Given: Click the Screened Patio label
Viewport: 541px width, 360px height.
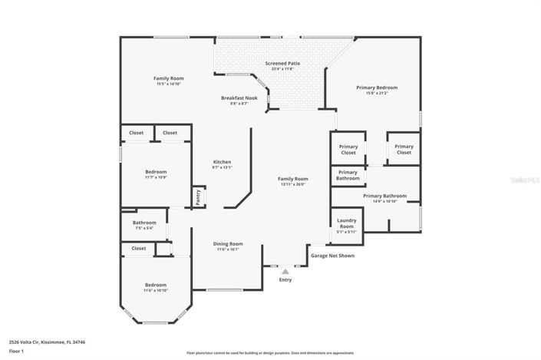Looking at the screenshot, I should click(x=282, y=63).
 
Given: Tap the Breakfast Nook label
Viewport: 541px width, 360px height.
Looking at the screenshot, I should click(x=239, y=98).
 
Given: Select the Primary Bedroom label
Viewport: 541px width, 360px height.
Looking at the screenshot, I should click(x=377, y=88).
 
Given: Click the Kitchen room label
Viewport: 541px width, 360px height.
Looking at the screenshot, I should click(x=222, y=162).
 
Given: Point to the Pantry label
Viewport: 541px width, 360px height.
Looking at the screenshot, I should click(x=198, y=197).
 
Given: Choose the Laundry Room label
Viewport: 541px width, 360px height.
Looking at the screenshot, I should click(x=347, y=223).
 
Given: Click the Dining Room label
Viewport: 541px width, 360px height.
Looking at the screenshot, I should click(x=229, y=243).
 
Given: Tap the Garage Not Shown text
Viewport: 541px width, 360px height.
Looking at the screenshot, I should click(x=332, y=256).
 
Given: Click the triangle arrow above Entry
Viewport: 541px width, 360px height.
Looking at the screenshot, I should click(x=285, y=271).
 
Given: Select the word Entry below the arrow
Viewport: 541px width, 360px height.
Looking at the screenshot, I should click(x=285, y=279).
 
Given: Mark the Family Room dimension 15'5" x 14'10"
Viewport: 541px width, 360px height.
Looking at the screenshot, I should click(x=168, y=84).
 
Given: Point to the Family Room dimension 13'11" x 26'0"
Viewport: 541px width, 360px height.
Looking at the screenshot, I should click(x=293, y=184).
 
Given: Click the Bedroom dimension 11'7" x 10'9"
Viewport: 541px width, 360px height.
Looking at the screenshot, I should click(x=156, y=177).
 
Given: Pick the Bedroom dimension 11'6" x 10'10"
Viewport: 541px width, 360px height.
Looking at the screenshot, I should click(x=156, y=290).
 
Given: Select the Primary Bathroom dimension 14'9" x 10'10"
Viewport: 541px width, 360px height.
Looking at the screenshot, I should click(x=384, y=201).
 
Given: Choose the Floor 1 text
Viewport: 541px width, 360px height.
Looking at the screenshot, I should click(x=17, y=351).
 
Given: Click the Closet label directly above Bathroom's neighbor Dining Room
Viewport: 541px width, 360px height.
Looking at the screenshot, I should click(x=139, y=248).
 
